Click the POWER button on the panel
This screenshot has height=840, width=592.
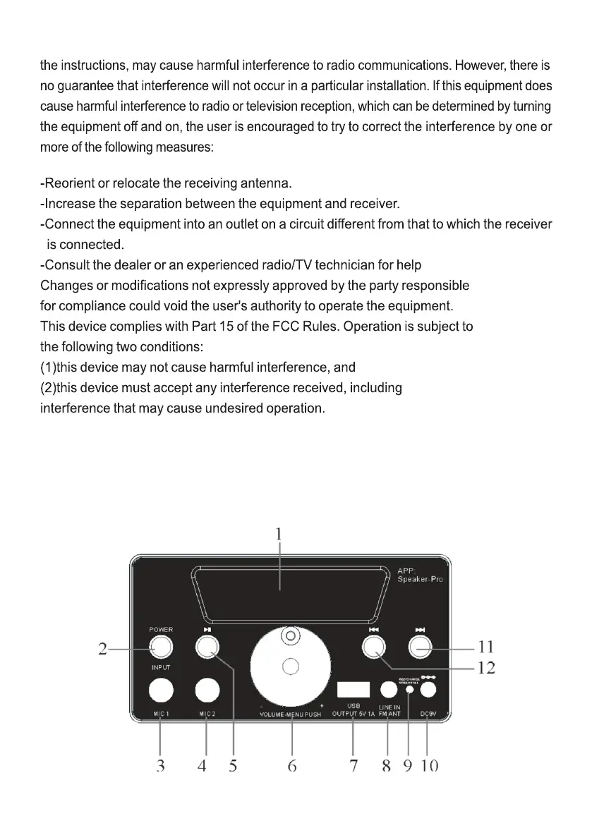161,647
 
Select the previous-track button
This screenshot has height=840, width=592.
374,647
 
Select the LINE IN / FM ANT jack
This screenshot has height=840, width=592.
389,689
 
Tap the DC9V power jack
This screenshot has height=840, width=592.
428,689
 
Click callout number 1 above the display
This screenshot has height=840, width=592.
279,535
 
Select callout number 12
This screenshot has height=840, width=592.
486,667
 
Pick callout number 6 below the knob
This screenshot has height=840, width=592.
291,765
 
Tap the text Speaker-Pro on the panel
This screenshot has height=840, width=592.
420,580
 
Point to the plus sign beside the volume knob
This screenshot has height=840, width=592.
322,706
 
